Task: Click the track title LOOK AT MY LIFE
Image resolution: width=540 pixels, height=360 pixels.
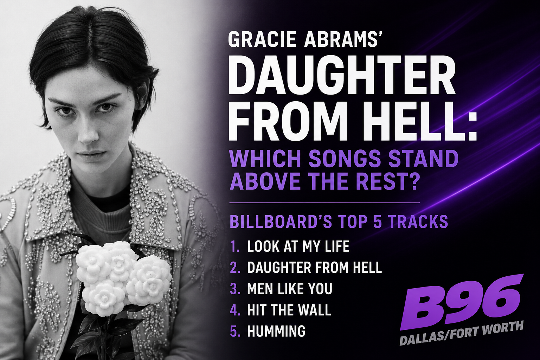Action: click(x=298, y=246)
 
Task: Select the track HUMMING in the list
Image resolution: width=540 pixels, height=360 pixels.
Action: click(x=276, y=331)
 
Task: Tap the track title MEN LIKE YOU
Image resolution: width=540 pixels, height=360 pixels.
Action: click(x=290, y=289)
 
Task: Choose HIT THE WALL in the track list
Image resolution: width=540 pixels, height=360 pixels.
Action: click(x=289, y=310)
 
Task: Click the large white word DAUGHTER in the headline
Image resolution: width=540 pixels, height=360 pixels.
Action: click(x=342, y=77)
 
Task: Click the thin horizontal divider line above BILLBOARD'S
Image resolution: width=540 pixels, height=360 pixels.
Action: click(x=324, y=203)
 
